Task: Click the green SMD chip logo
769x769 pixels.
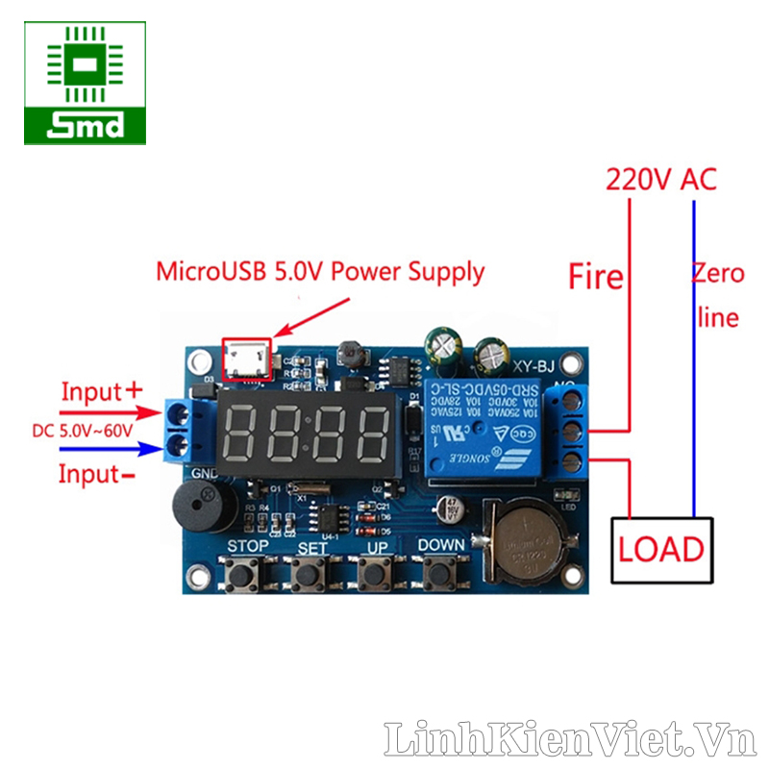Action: pos(86,83)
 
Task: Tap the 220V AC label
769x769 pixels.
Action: pos(660,179)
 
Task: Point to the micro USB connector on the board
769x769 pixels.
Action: pos(247,359)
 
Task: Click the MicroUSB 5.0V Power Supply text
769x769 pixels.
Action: pos(320,272)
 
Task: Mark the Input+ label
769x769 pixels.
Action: pos(101,392)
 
